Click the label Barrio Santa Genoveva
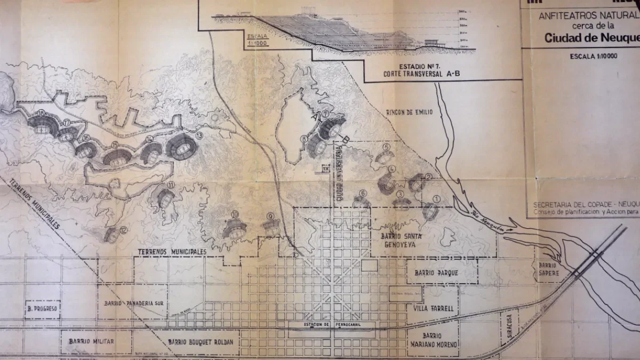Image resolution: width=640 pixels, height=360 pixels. coord(406,241)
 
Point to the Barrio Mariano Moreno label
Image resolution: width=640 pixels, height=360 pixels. coord(433,340)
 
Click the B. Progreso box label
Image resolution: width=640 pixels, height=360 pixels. coord(42,308)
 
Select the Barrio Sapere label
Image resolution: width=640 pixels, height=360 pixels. coord(547,269)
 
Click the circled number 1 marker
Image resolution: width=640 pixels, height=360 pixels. coord(437,199)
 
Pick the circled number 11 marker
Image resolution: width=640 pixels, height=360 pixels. coord(171,185)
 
